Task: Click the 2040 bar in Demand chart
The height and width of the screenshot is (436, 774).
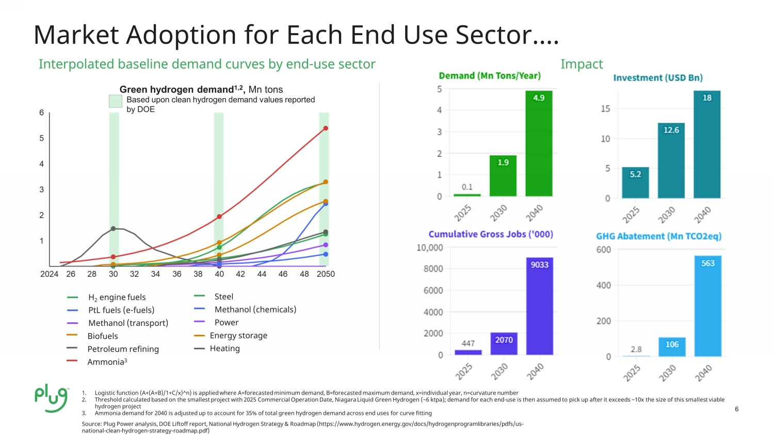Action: [x=539, y=144]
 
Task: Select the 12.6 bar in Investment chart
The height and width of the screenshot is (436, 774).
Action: [x=671, y=161]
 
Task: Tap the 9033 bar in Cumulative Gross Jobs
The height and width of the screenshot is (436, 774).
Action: [x=539, y=306]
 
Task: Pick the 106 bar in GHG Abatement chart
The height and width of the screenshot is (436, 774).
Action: [x=672, y=347]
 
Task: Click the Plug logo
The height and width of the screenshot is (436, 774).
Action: [x=52, y=399]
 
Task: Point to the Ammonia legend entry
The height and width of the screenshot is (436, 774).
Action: [x=107, y=362]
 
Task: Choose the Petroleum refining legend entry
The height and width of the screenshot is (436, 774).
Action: [x=123, y=349]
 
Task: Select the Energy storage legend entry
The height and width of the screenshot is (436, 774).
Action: [x=238, y=335]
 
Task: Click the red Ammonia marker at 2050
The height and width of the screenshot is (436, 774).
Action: [x=326, y=128]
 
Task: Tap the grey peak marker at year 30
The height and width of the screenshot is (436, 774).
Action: [x=113, y=228]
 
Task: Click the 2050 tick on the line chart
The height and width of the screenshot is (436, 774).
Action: [x=326, y=274]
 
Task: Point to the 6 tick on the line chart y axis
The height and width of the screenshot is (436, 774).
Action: [x=42, y=113]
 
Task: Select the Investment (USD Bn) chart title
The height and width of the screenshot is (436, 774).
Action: [x=658, y=77]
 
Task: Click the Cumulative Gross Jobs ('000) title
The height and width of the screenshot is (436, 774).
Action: [x=491, y=234]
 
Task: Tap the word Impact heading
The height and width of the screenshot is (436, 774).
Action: [x=582, y=64]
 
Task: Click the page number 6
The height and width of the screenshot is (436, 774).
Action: [x=736, y=409]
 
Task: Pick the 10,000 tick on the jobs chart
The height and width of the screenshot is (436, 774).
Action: [x=430, y=247]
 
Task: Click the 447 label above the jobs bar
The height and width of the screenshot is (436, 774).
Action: [x=468, y=343]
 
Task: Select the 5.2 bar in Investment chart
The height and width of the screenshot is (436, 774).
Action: [x=635, y=183]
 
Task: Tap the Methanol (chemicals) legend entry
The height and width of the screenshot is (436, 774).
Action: [x=255, y=309]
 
